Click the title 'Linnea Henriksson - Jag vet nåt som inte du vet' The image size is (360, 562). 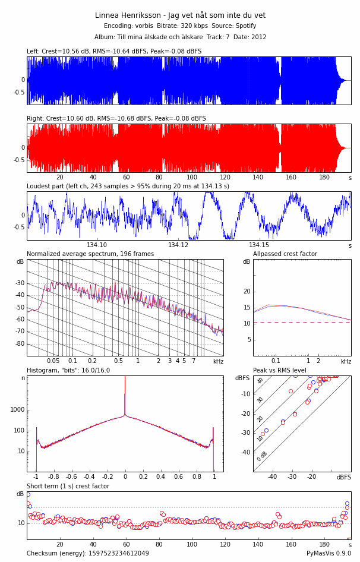click(x=180, y=15)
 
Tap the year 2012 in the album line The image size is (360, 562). click(x=258, y=37)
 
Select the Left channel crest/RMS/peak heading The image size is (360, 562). click(x=114, y=52)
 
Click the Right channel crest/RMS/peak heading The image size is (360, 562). click(x=116, y=119)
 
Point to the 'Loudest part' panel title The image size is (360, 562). click(x=128, y=186)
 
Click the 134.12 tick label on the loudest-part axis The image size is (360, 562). click(x=178, y=245)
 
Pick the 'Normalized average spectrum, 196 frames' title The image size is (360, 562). click(x=90, y=254)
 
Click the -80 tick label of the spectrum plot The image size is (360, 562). click(x=20, y=344)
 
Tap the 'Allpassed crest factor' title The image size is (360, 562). click(x=285, y=254)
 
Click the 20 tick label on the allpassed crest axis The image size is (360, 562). click(x=247, y=291)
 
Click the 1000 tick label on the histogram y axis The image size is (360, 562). click(x=18, y=410)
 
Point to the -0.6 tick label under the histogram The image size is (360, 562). click(x=72, y=476)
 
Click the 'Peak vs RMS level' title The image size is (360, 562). click(x=280, y=371)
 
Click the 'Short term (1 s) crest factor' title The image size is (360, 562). click(x=68, y=487)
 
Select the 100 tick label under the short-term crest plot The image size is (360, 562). click(x=191, y=545)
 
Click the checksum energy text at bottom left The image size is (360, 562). click(x=88, y=554)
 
